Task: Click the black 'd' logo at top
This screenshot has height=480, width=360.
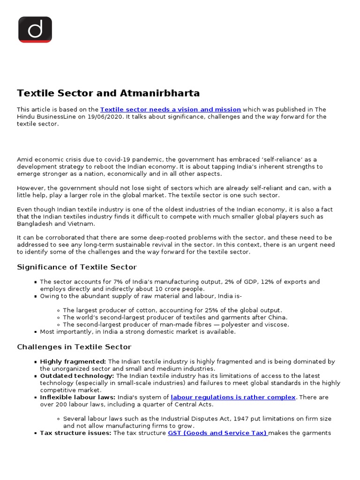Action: coord(35,30)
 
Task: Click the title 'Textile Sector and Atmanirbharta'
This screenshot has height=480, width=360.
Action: coord(108,93)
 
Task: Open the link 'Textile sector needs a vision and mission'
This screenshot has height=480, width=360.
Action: coord(171,109)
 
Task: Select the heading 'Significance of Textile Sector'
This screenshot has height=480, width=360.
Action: coord(77,267)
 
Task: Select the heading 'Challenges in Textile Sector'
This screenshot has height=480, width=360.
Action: coord(74,347)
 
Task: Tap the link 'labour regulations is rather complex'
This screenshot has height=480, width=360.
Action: coord(233,397)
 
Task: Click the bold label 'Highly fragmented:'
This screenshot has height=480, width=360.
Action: coord(73,361)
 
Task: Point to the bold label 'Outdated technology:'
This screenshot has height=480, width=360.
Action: coord(77,375)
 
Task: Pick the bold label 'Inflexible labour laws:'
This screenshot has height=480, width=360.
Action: coord(78,397)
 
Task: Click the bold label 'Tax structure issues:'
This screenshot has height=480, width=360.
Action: coord(76,433)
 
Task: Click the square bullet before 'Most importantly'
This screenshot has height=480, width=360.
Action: coord(36,332)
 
